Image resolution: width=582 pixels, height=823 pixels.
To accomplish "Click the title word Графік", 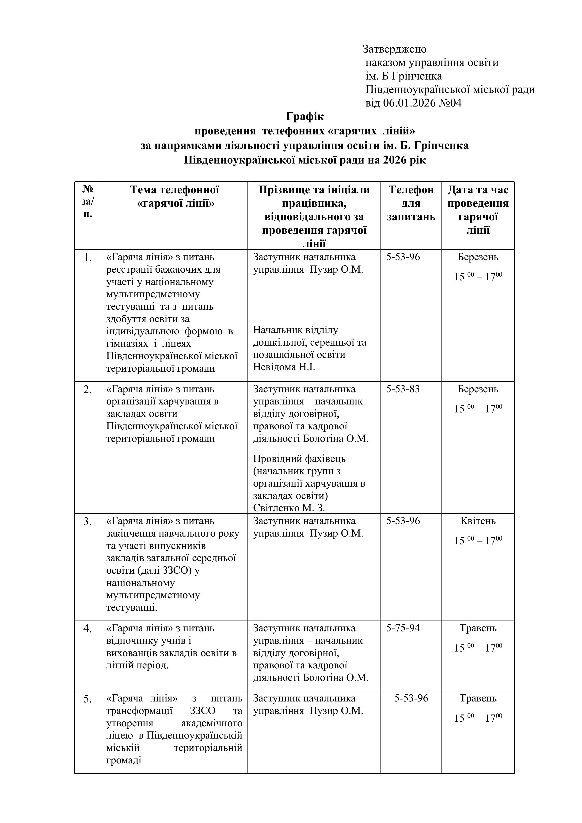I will [x=305, y=117].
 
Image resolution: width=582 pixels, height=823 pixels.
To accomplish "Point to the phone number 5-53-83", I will [x=403, y=389].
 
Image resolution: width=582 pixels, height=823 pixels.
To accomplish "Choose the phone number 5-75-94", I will [x=403, y=628].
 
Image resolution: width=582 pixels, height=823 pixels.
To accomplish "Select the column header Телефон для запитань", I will [x=411, y=203].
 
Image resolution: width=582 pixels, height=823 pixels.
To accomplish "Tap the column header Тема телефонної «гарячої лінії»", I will [x=175, y=196].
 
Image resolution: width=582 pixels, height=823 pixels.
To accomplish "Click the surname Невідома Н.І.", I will [x=284, y=367].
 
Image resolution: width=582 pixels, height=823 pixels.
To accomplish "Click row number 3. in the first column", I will [x=88, y=522].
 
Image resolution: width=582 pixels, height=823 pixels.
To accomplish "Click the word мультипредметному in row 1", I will [x=153, y=294].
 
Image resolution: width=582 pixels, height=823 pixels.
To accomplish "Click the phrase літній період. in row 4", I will [x=137, y=666].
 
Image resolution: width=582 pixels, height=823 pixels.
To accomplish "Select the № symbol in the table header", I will [x=88, y=189].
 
